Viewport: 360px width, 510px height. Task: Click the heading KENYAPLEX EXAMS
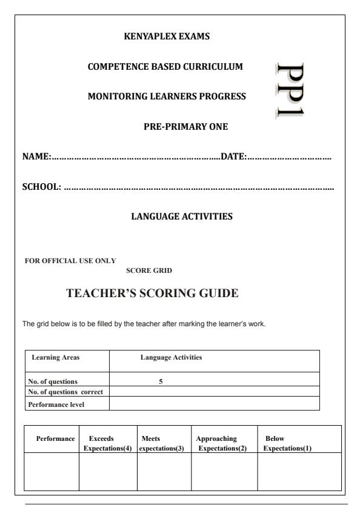[167, 36]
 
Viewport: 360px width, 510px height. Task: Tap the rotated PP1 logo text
[295, 90]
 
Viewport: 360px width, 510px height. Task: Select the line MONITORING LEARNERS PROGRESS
[167, 96]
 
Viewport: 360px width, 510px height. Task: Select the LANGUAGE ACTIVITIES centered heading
[181, 215]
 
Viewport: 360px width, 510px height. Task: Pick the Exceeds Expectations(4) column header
[107, 443]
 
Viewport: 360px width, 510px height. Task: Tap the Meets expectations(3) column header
[161, 443]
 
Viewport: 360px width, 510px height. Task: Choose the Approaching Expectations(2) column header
[221, 443]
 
